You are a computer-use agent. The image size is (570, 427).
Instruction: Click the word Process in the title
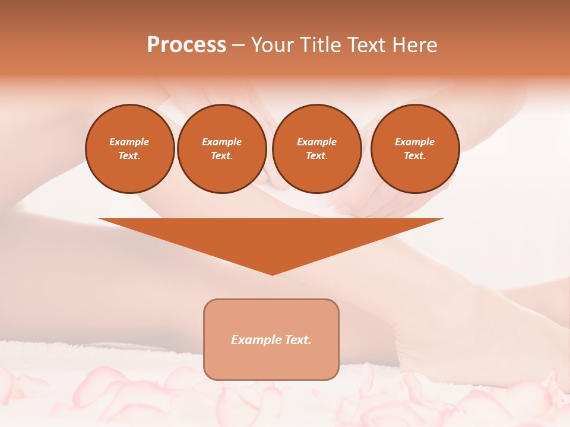pos(186,45)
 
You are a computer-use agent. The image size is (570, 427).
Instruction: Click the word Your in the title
pos(271,45)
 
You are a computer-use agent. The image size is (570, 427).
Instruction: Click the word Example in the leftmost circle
pos(129,142)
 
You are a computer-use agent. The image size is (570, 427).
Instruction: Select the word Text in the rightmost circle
pos(415,155)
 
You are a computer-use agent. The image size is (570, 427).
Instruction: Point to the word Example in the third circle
pos(317,142)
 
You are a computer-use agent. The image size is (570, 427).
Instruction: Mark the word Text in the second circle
pos(222,155)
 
